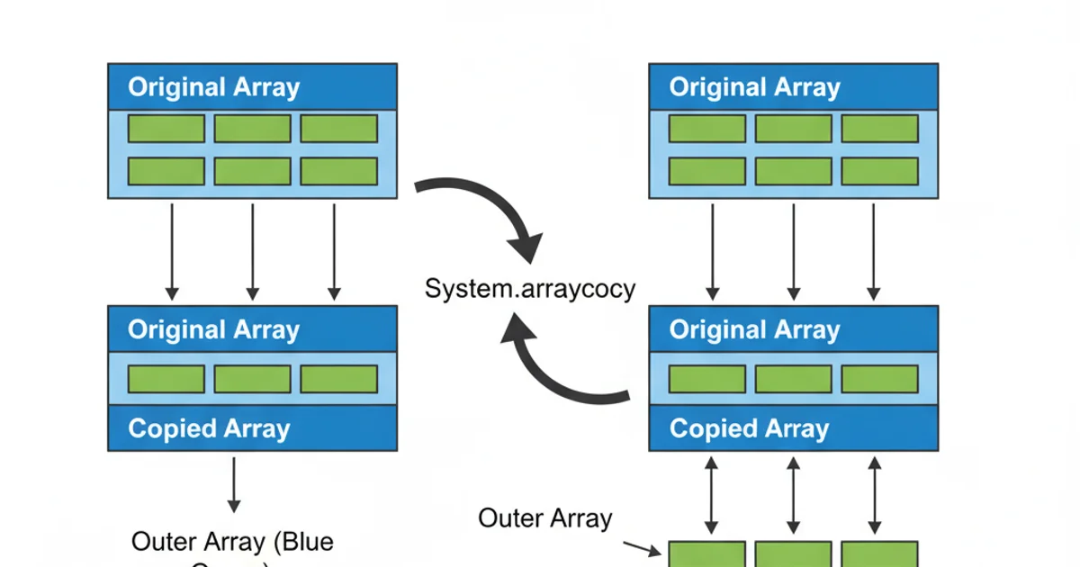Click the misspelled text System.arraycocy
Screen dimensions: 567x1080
pyautogui.click(x=529, y=290)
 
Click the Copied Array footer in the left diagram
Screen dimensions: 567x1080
pyautogui.click(x=209, y=428)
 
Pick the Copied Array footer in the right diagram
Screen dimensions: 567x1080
pyautogui.click(x=749, y=428)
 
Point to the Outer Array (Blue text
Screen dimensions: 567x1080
pyautogui.click(x=232, y=542)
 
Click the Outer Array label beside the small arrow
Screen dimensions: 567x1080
pyautogui.click(x=544, y=518)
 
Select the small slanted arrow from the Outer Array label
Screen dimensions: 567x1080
pyautogui.click(x=641, y=547)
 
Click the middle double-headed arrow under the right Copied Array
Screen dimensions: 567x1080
pyautogui.click(x=793, y=495)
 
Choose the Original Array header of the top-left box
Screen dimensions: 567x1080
pyautogui.click(x=213, y=87)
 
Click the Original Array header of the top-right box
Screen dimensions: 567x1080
pyautogui.click(x=754, y=87)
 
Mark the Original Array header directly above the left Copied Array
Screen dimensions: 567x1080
pyautogui.click(x=213, y=329)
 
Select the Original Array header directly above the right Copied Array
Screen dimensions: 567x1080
pyautogui.click(x=754, y=329)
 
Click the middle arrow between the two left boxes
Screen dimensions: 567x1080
pyautogui.click(x=253, y=251)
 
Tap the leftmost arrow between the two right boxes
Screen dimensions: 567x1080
pyautogui.click(x=712, y=251)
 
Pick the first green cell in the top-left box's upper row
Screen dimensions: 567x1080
pyautogui.click(x=166, y=129)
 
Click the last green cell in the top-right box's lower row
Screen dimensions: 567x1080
pyautogui.click(x=879, y=171)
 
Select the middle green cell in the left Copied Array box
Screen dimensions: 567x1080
pyautogui.click(x=253, y=379)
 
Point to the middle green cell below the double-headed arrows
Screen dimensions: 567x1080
pyautogui.click(x=793, y=553)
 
